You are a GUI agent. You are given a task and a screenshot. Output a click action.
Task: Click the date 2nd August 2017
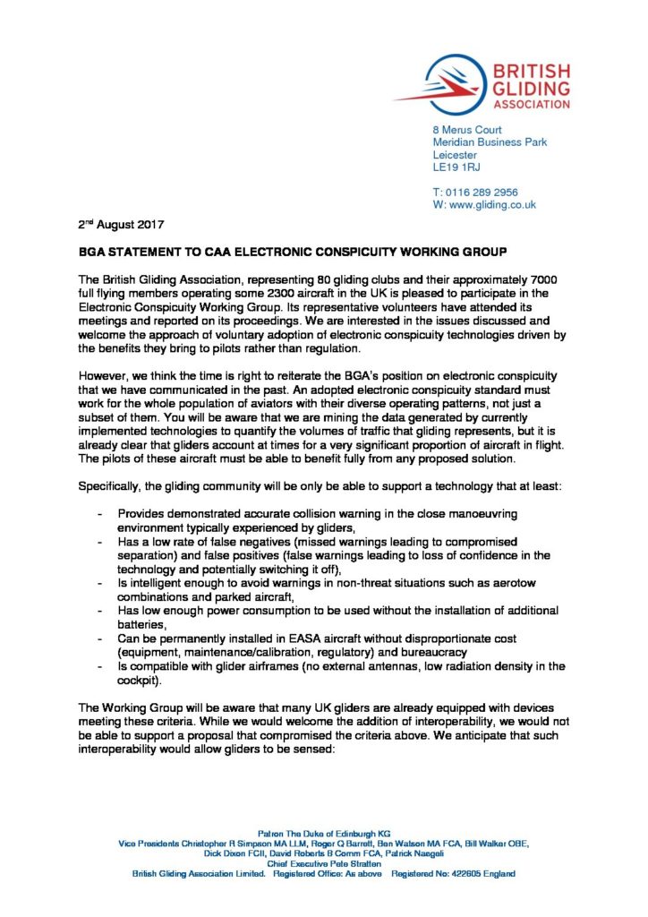point(119,223)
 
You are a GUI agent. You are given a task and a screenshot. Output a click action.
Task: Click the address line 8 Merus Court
point(467,130)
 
